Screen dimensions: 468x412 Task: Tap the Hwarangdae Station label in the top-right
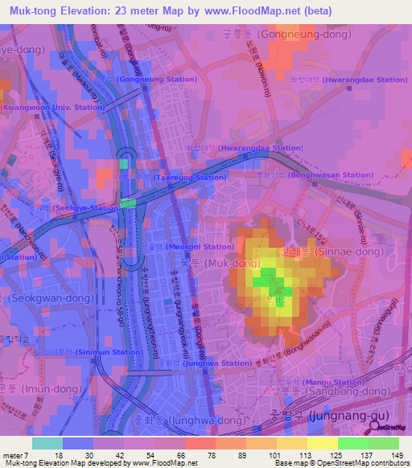pyautogui.click(x=364, y=80)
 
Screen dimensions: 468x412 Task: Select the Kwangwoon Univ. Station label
pyautogui.click(x=53, y=107)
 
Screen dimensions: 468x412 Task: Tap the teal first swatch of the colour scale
pyautogui.click(x=47, y=443)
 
